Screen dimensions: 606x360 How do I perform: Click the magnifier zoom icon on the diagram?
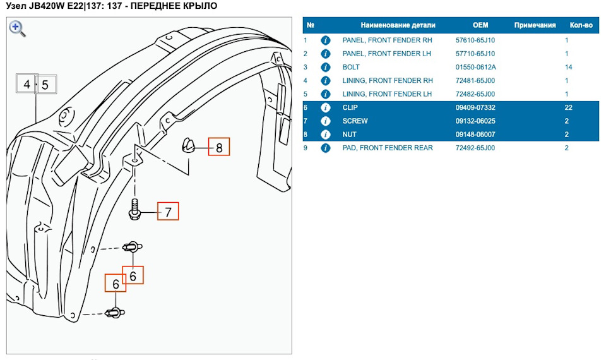[17, 29]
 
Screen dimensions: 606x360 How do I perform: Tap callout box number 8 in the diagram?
[219, 147]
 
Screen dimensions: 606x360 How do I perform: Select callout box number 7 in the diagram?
[168, 211]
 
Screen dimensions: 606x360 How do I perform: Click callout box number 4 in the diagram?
[27, 83]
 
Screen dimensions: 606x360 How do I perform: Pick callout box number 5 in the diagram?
[45, 84]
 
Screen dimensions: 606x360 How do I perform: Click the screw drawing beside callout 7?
[134, 210]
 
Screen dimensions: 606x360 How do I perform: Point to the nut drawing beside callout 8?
[188, 145]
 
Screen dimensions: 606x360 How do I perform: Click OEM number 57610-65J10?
[475, 40]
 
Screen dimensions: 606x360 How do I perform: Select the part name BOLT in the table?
[351, 68]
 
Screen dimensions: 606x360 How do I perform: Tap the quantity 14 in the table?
[568, 68]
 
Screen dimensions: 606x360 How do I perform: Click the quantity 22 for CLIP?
[568, 107]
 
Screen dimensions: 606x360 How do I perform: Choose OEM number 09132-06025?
[475, 121]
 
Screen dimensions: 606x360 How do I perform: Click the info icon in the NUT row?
[326, 135]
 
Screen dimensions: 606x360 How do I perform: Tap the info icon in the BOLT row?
[326, 68]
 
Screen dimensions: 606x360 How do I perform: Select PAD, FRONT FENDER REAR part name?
[388, 148]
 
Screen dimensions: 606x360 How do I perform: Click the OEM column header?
[480, 25]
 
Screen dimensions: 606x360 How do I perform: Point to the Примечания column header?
[535, 25]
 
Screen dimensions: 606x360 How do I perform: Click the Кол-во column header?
[581, 25]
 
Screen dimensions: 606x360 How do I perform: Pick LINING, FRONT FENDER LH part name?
[387, 94]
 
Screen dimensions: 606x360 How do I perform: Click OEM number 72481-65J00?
[475, 81]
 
